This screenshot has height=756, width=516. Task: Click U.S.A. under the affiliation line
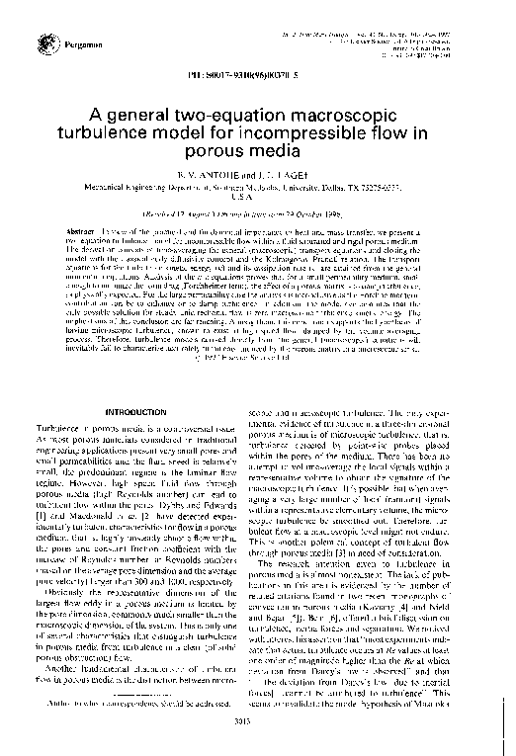[x=257, y=196]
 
